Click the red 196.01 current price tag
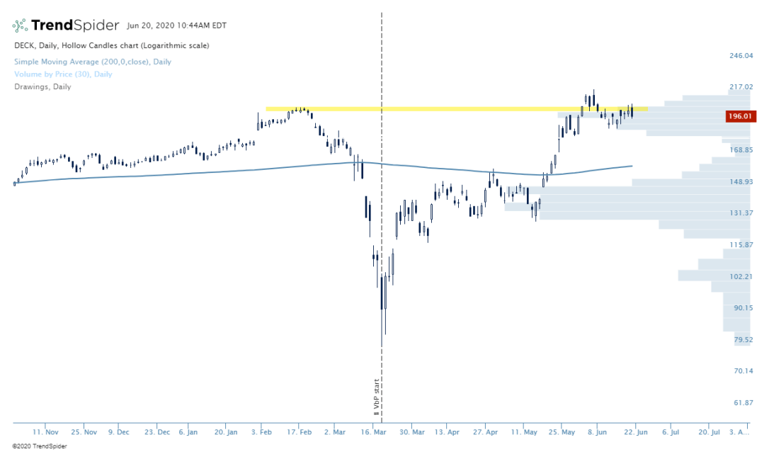pos(741,117)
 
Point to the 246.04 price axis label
pos(741,55)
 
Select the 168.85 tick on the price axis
pos(741,150)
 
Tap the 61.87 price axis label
pos(741,402)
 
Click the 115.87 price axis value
pos(741,244)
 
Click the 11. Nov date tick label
pos(46,431)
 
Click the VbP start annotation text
pos(377,397)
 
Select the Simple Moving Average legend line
pos(93,62)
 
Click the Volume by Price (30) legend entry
pos(63,74)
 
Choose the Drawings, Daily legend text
pos(42,87)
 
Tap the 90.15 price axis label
pos(741,307)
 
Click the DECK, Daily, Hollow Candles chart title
pos(111,45)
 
